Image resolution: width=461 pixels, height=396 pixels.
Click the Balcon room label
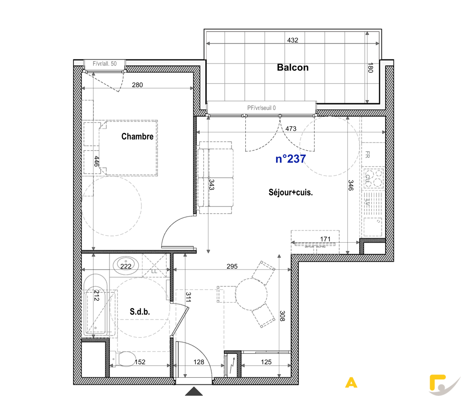293,67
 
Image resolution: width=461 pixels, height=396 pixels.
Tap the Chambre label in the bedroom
137,136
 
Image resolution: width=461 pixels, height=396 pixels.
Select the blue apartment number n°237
290,159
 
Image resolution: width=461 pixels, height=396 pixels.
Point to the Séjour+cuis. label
290,192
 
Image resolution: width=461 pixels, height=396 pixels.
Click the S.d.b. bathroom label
140,312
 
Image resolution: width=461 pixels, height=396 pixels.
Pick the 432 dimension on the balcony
293,40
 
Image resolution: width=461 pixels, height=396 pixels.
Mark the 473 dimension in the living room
291,129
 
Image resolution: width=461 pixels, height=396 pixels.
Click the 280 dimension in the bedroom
137,85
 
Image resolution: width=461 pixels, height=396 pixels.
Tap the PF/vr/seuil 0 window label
261,108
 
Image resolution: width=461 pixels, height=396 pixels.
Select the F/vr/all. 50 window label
104,64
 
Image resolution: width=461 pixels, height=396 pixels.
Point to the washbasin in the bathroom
126,265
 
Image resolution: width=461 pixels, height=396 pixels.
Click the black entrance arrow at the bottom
194,391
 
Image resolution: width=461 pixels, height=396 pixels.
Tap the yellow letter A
351,383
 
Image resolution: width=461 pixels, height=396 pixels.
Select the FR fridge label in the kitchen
367,154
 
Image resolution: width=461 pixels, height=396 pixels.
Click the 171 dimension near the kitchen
325,239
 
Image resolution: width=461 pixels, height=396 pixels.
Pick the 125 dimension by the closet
266,362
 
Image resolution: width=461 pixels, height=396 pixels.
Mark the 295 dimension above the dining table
232,266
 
